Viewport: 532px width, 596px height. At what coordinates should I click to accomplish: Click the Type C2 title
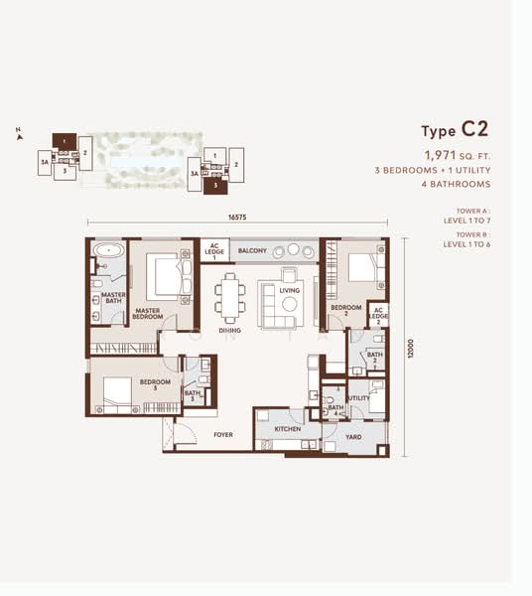click(455, 131)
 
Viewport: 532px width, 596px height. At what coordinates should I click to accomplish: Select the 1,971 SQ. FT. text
click(457, 155)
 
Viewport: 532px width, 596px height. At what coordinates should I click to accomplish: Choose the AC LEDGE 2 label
click(377, 316)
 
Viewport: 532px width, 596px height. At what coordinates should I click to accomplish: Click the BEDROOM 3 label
click(155, 383)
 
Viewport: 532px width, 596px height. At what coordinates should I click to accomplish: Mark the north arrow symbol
click(18, 130)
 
